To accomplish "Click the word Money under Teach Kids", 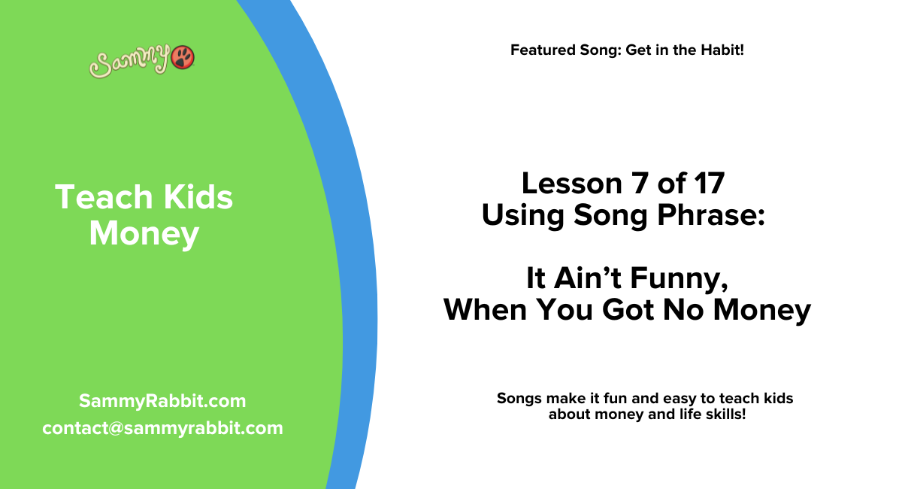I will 144,234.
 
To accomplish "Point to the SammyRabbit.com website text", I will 162,401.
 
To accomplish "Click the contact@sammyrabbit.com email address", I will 162,428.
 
